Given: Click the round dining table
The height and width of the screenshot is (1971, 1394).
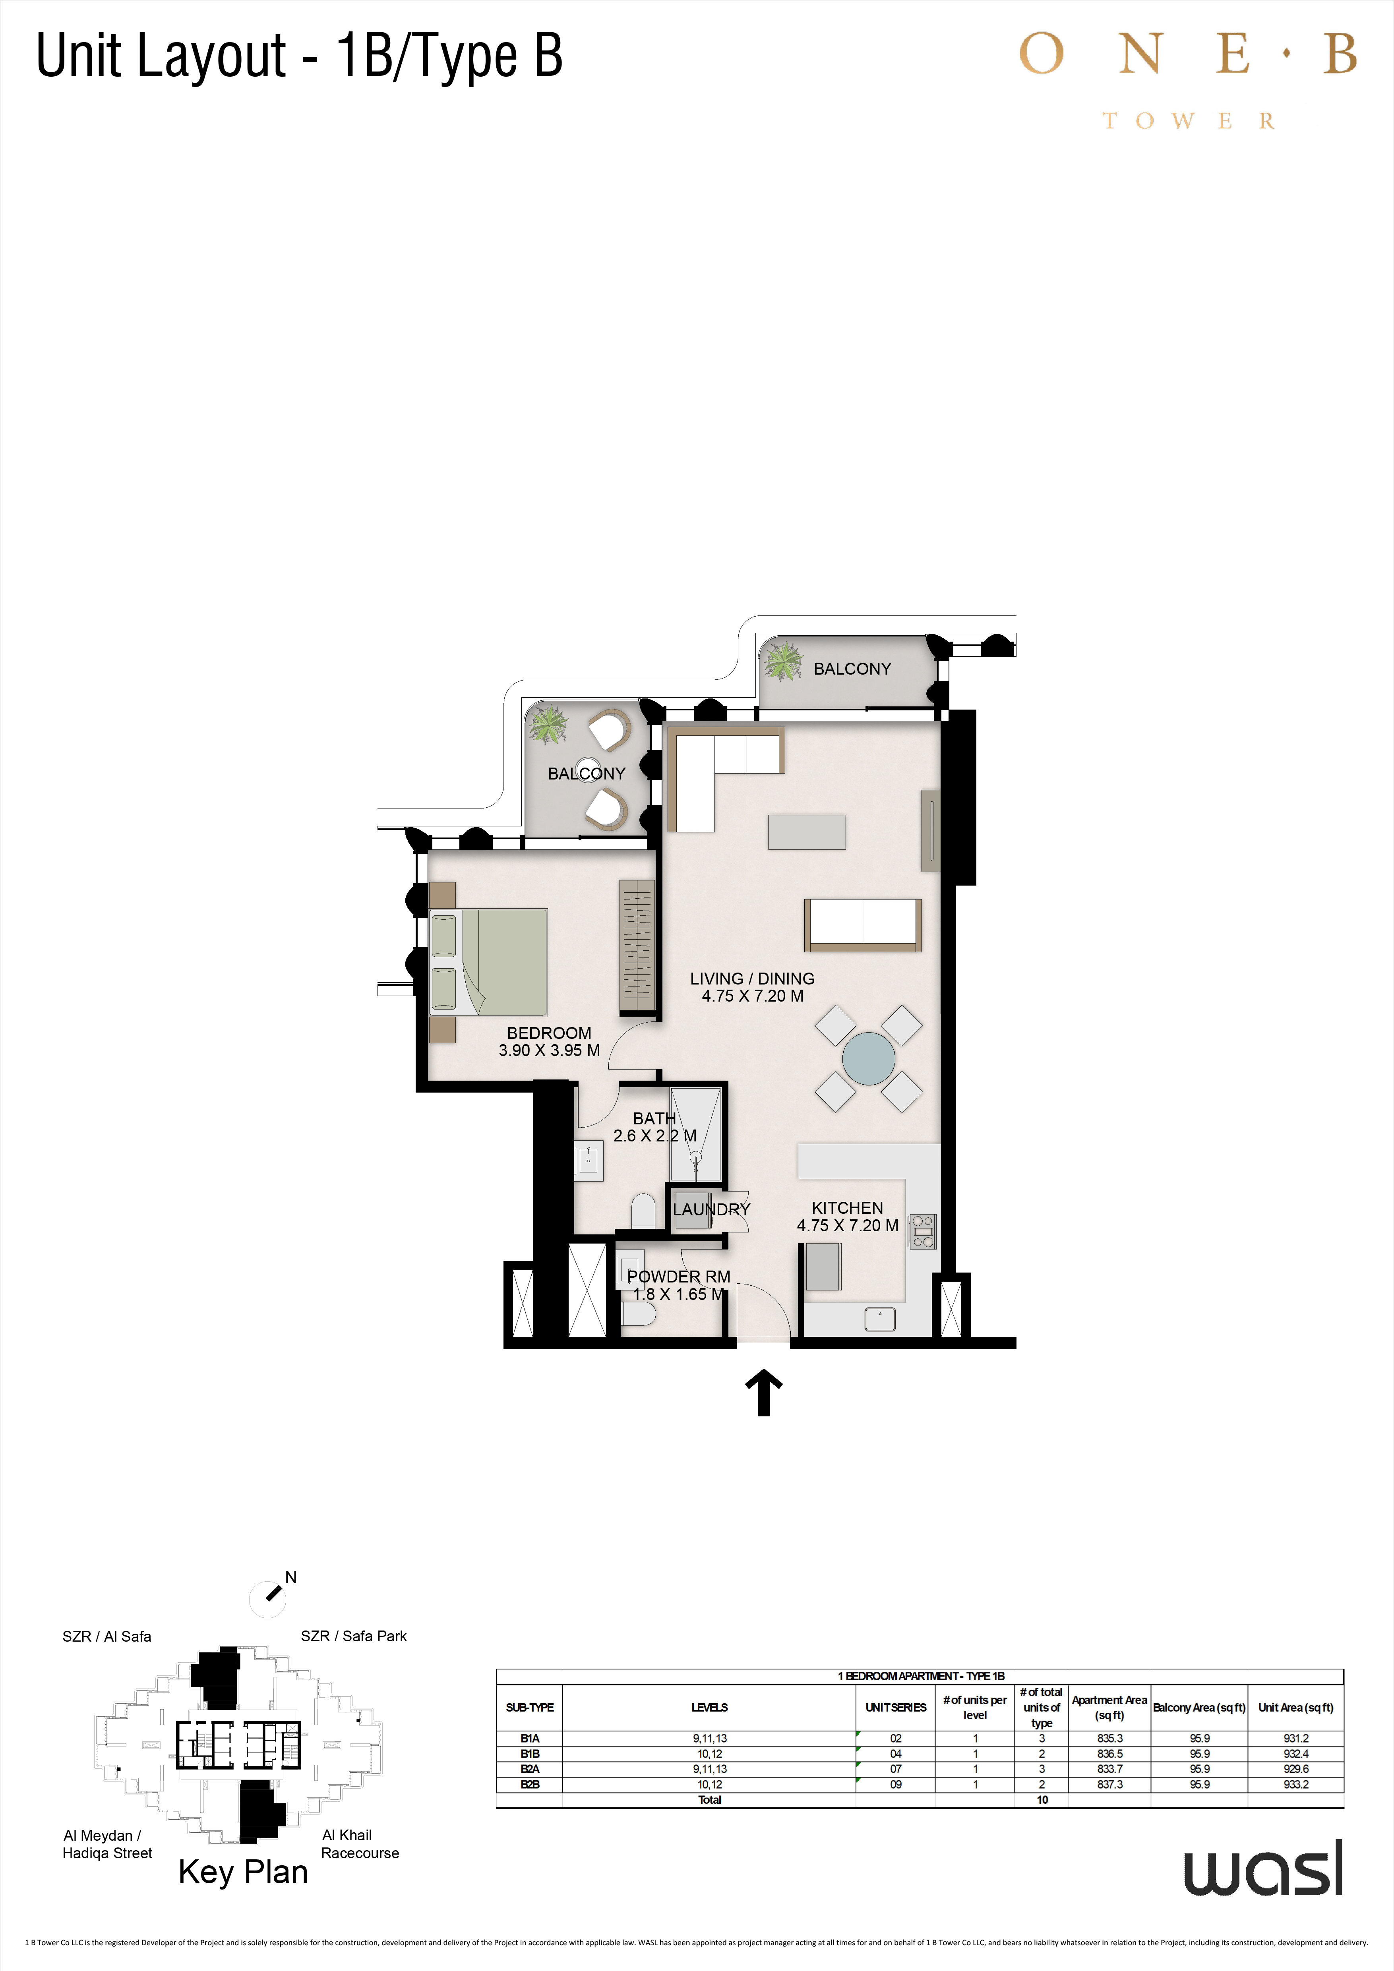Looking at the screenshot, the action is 869,1058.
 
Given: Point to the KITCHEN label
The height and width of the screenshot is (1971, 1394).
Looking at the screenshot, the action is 847,1208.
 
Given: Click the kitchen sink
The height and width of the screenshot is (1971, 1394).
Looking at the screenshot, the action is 880,1319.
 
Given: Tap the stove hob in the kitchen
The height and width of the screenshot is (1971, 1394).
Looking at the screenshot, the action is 923,1231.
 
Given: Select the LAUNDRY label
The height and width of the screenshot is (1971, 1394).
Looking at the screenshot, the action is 712,1209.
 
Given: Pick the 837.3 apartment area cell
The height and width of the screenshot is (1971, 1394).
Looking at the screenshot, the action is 1110,1784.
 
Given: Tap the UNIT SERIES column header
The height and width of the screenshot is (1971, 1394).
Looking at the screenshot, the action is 895,1708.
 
